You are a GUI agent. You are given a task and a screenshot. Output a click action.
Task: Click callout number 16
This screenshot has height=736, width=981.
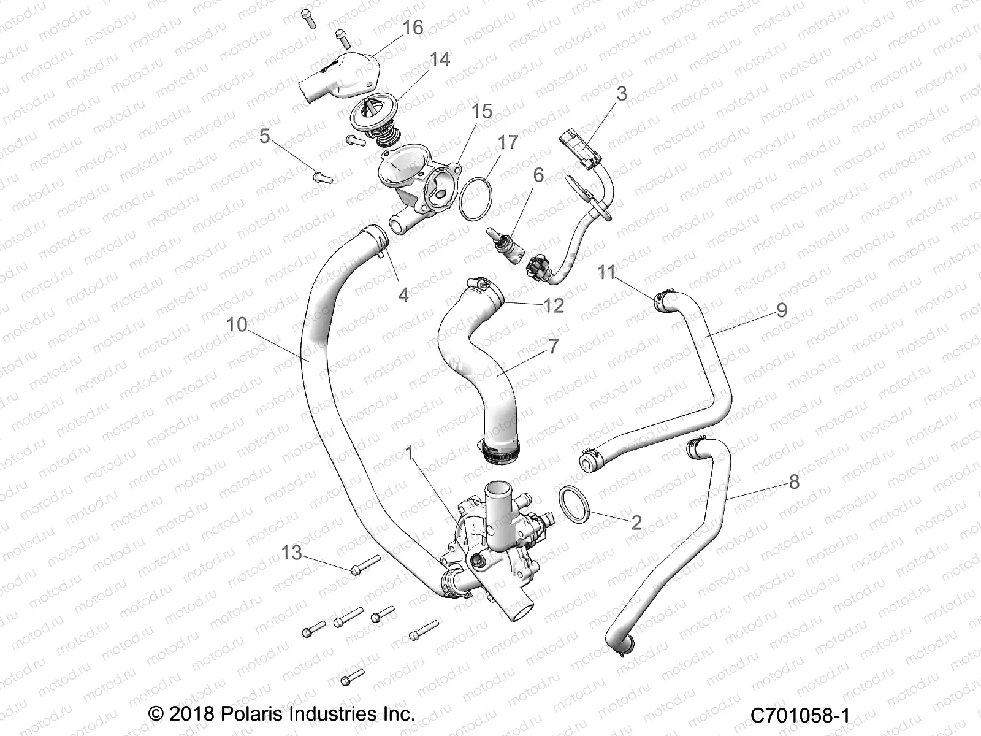coord(413,28)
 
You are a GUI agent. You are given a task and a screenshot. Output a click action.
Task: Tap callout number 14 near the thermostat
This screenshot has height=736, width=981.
coord(440,59)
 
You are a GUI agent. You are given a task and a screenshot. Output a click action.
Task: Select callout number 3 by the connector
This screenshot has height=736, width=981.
coord(622,94)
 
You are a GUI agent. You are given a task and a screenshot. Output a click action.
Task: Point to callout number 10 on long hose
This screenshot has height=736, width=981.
coord(237,324)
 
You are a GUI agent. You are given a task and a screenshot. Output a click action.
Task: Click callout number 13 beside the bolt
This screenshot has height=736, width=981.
coord(291,553)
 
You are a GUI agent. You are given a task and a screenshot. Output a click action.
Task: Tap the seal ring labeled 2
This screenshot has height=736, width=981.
coord(574,504)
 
